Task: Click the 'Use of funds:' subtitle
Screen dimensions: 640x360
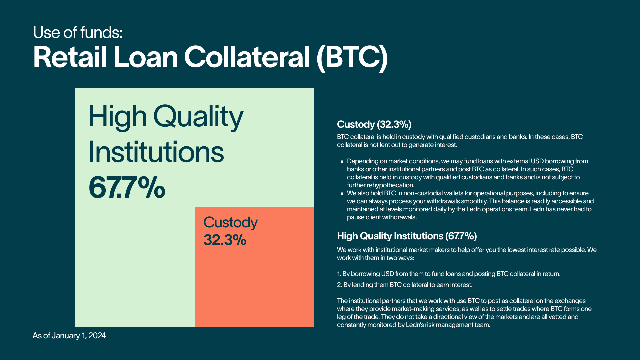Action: tap(78, 33)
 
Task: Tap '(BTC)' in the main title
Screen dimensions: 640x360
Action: tap(352, 58)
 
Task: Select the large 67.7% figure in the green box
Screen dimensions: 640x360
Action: tap(127, 187)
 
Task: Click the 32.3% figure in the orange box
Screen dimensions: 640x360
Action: tap(225, 240)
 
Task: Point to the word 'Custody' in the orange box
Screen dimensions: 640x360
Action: tap(230, 223)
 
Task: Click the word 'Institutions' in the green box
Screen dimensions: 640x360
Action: tap(156, 152)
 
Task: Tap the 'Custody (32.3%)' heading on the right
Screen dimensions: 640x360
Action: tap(374, 124)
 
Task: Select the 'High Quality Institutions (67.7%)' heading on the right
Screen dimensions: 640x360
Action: tap(407, 236)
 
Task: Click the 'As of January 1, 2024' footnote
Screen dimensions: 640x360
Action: tap(69, 336)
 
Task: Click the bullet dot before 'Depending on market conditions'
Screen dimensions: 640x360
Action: tap(342, 162)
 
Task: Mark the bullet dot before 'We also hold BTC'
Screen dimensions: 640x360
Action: tap(342, 194)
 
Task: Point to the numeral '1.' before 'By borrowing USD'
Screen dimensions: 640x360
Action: tap(339, 274)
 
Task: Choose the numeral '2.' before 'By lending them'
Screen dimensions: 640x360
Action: tap(339, 285)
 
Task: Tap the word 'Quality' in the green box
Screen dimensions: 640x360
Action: tap(198, 117)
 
